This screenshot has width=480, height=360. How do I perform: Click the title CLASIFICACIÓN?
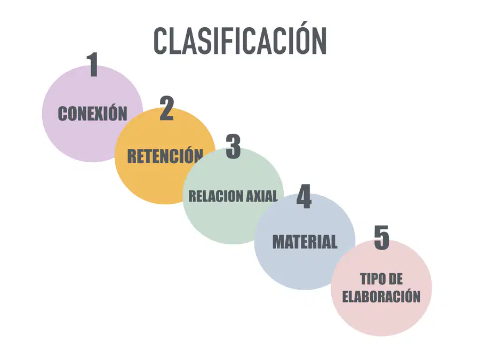[240, 39]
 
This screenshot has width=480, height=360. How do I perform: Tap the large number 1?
[93, 65]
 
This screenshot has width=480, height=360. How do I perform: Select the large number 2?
[167, 108]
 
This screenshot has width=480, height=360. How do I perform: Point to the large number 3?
[233, 146]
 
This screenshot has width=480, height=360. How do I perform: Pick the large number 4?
[304, 196]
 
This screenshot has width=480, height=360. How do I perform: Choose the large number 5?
[381, 237]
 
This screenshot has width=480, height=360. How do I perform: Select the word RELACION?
[212, 196]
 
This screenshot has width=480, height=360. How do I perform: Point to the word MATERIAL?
[305, 242]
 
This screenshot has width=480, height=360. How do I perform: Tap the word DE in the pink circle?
[396, 279]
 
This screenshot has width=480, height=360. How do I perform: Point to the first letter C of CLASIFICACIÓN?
[161, 41]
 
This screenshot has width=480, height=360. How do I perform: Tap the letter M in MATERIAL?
[279, 242]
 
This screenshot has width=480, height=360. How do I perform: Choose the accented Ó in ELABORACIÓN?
[407, 295]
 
